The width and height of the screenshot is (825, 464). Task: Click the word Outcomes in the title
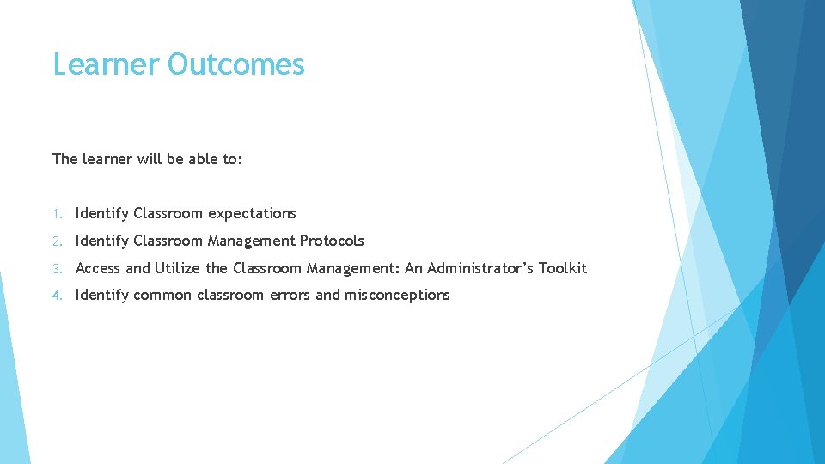coord(236,64)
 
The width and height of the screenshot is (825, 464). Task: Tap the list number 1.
coord(56,214)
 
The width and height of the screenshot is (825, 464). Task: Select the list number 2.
coord(56,241)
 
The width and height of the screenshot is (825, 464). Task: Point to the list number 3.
coord(56,269)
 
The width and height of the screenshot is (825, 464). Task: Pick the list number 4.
coord(56,296)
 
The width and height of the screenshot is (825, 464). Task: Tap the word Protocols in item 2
coord(332,241)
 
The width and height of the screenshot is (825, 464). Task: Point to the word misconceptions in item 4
coord(397,295)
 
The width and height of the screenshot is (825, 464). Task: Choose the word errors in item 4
coord(320,295)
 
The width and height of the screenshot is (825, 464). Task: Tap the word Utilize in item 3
coord(178,268)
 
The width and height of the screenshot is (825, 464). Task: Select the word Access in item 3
coord(98,268)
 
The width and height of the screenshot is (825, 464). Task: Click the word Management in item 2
coord(251,241)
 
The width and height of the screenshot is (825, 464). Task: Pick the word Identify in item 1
coord(102,214)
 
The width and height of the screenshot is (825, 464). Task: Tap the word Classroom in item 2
coord(168,241)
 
